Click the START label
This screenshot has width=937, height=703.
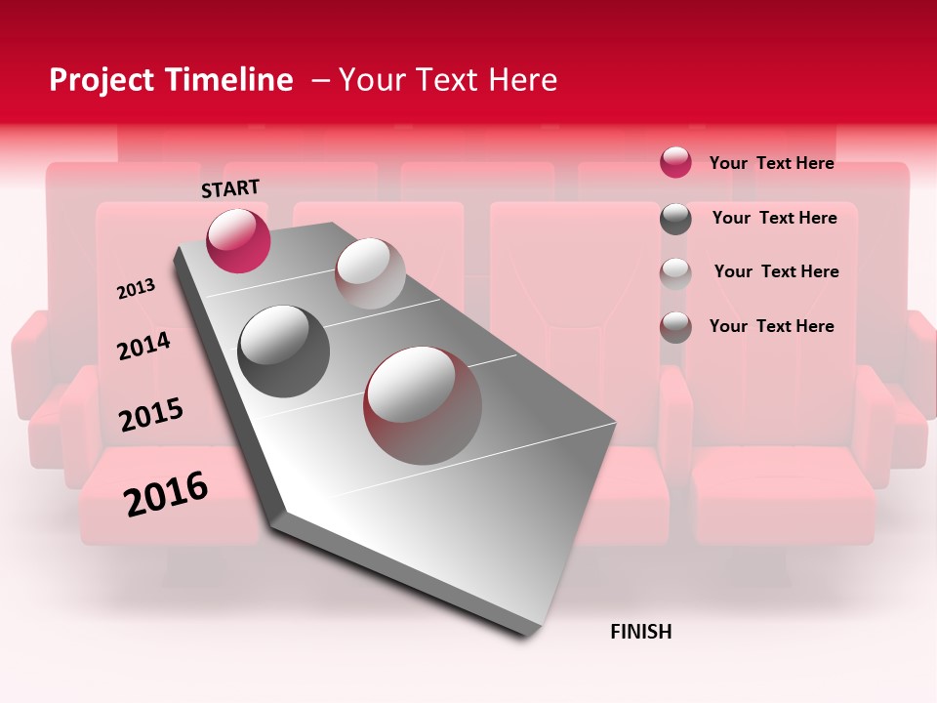point(230,188)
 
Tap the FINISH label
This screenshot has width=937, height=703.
point(640,632)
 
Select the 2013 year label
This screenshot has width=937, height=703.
point(136,289)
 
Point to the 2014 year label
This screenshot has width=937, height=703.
point(143,347)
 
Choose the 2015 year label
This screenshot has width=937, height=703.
point(151,415)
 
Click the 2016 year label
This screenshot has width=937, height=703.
point(166,493)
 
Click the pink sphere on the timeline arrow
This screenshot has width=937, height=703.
point(238,240)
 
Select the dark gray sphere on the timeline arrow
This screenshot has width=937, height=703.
point(284,351)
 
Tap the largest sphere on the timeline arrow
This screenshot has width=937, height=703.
point(423,405)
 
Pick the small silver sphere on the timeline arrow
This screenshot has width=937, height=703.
point(370,273)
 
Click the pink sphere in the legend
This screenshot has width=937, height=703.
point(675,162)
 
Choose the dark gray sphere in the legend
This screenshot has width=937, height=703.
point(675,219)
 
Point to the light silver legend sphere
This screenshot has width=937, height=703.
point(675,273)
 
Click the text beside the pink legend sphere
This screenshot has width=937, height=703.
point(771,163)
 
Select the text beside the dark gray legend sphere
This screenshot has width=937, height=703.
point(774,218)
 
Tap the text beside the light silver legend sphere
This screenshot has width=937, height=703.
point(776,271)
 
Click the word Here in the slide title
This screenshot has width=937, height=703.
point(522,80)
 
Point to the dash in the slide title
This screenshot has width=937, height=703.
point(320,80)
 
